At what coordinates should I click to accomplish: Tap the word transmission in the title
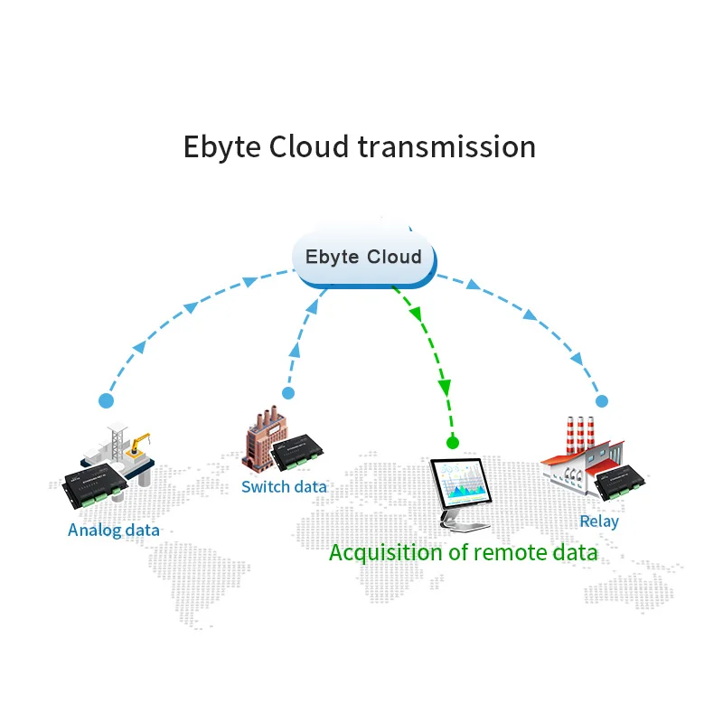[446, 146]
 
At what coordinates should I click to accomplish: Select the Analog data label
[114, 530]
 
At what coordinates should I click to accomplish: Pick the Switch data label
[284, 487]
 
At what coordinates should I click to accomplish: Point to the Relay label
[599, 521]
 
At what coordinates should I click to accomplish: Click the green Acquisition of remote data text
[463, 552]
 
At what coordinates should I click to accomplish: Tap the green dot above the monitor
[453, 443]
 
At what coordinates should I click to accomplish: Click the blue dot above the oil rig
[107, 399]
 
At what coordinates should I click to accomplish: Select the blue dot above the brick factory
[288, 393]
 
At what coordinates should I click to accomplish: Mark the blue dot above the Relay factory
[602, 400]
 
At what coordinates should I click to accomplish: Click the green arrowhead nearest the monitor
[445, 388]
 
